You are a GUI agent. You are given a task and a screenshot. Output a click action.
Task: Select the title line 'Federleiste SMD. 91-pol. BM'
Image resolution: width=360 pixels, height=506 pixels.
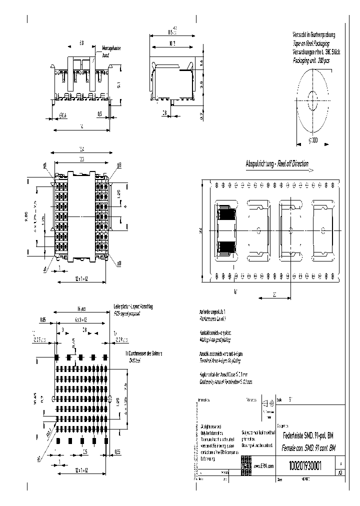click(308, 435)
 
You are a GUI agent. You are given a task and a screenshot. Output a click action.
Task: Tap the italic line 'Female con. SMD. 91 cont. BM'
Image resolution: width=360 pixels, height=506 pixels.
click(308, 448)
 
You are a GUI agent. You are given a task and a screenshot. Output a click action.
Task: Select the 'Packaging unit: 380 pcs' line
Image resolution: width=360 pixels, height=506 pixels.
click(311, 60)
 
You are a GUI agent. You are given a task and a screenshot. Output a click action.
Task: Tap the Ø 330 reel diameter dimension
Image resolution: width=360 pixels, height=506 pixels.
click(313, 140)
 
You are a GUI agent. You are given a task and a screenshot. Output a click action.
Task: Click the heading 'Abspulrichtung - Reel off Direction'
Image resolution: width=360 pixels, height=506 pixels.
click(276, 164)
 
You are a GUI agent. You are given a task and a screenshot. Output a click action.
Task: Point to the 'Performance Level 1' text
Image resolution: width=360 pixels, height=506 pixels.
click(213, 318)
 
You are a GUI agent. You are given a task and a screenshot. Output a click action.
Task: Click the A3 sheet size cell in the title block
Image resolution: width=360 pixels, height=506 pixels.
click(340, 472)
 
